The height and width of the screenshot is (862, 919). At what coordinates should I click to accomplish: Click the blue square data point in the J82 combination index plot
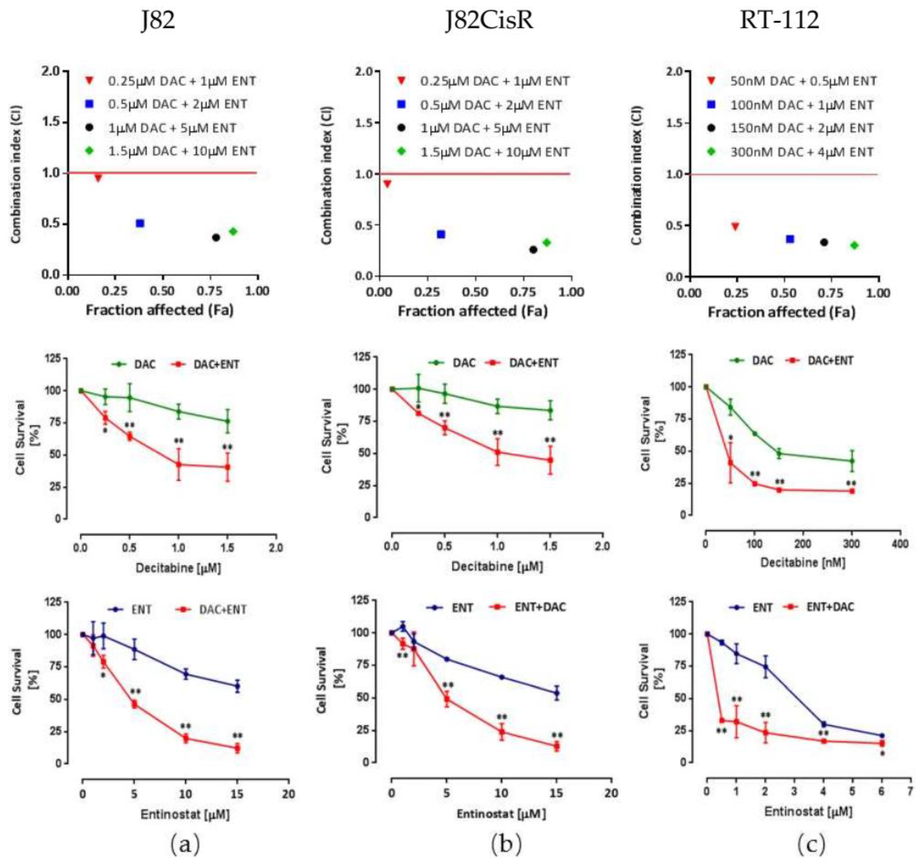tap(140, 223)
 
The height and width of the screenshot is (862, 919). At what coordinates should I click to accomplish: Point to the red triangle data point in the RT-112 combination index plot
tap(735, 226)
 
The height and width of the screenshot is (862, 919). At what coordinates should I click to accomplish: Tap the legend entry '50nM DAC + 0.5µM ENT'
tap(803, 82)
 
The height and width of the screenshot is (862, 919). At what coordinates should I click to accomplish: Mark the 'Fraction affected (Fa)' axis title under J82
tap(159, 310)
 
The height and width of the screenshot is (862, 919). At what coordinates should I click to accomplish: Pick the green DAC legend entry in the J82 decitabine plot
tap(145, 365)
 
